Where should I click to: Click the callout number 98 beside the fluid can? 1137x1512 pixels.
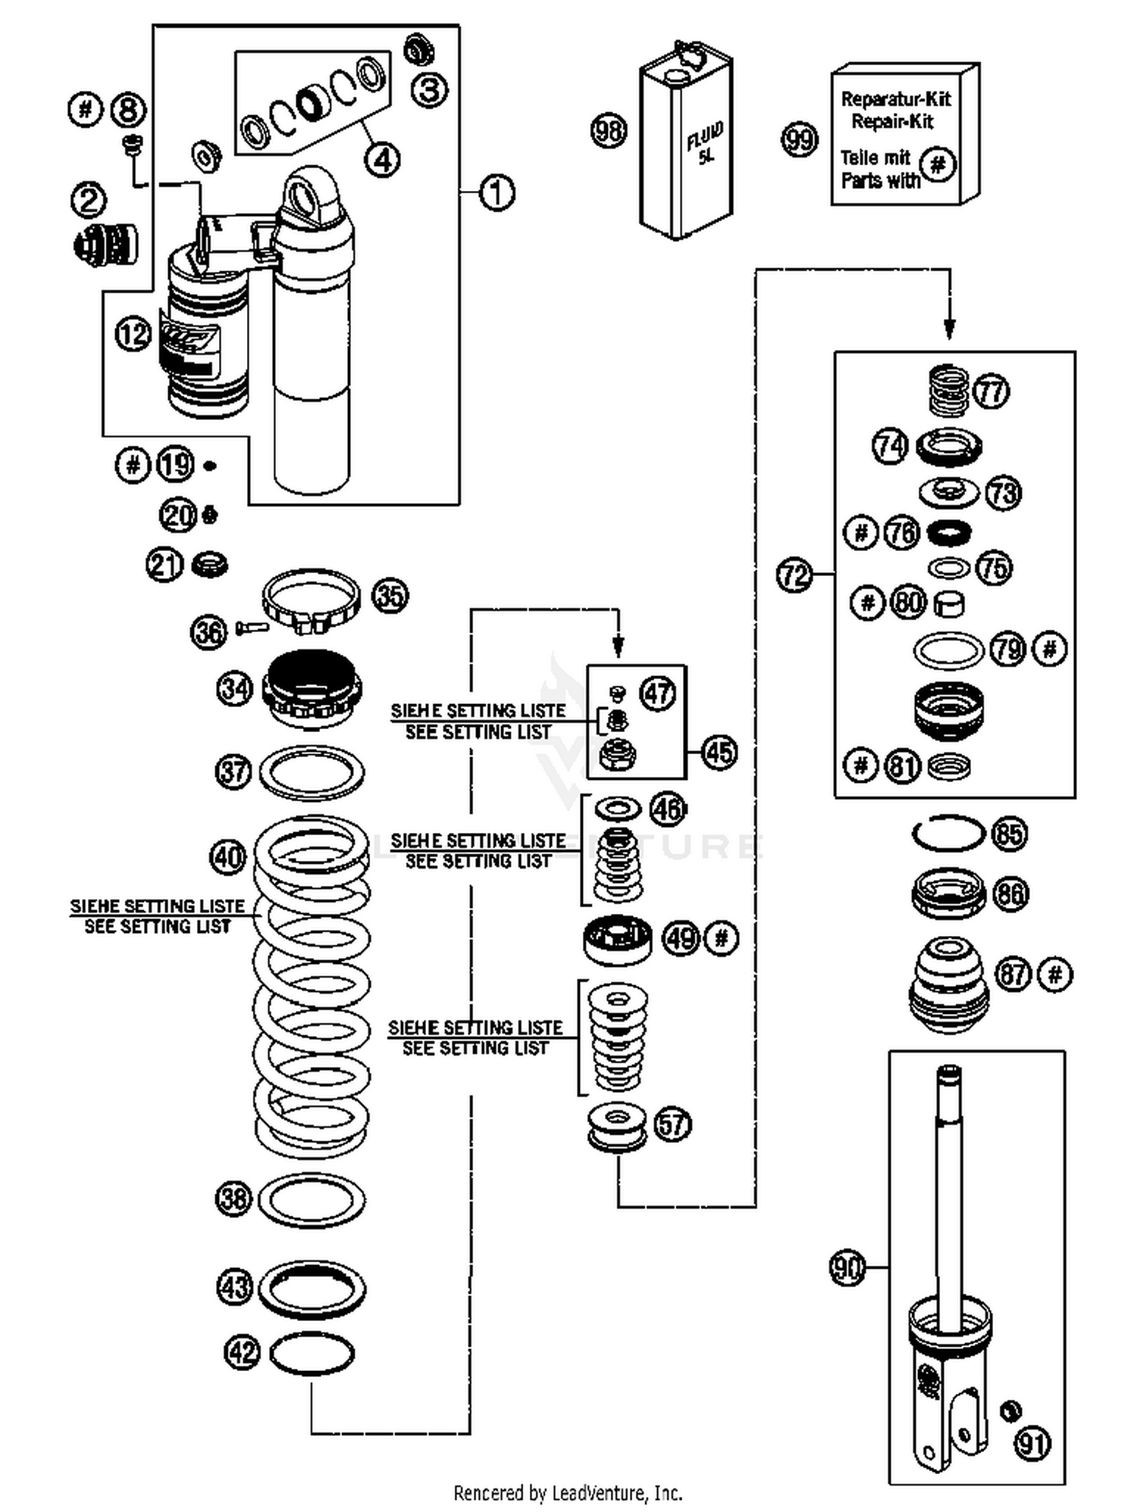tap(609, 131)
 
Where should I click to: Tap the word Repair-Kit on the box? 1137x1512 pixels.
tap(892, 121)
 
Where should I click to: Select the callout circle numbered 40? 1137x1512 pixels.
tap(227, 857)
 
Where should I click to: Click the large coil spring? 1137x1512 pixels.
tap(312, 985)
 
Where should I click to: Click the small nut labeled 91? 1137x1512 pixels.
tap(1010, 1410)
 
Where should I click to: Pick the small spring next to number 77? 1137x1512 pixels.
tap(948, 390)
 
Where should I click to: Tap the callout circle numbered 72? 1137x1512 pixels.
tap(794, 575)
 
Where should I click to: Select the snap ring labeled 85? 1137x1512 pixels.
tap(947, 834)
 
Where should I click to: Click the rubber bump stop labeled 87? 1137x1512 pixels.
tap(948, 985)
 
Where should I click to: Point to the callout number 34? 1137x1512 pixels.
tap(235, 689)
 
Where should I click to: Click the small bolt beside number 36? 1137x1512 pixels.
tap(252, 628)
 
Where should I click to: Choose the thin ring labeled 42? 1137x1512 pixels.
tap(312, 1353)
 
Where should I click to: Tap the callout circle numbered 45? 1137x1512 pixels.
tap(719, 753)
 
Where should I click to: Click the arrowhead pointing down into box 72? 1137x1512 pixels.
tap(949, 328)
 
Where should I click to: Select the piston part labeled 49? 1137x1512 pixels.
tap(618, 939)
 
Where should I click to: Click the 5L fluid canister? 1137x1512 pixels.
tap(686, 144)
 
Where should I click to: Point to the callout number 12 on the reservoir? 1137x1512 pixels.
tap(133, 333)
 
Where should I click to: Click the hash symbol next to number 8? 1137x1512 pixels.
tap(86, 110)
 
